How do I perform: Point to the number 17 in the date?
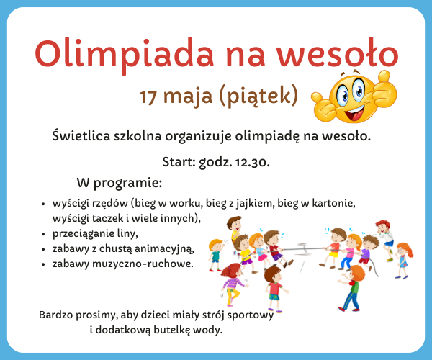coord(148,96)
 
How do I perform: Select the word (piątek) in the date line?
coord(258,96)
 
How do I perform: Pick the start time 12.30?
coord(252,162)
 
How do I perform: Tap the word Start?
coord(179,162)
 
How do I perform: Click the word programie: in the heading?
coord(127,183)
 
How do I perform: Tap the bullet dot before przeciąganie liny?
coord(43,234)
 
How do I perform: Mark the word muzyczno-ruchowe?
coord(143,264)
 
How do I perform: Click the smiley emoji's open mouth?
coord(354,112)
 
